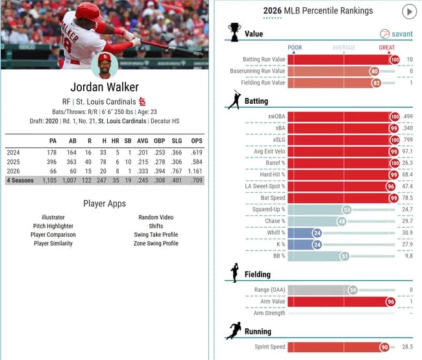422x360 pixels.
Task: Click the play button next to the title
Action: click(x=409, y=12)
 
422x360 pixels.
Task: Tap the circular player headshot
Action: click(x=105, y=66)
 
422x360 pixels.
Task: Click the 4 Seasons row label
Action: click(x=20, y=180)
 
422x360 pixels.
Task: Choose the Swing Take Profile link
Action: click(x=156, y=235)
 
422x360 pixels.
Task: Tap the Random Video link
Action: click(x=156, y=217)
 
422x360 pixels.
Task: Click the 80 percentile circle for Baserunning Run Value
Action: click(x=374, y=71)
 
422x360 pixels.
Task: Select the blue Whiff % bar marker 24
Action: click(x=317, y=233)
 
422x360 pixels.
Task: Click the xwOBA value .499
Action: click(x=407, y=117)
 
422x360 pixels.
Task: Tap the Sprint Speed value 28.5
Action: click(x=407, y=347)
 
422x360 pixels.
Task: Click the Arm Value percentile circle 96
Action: click(x=390, y=302)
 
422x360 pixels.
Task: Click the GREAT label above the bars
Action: click(x=386, y=47)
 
